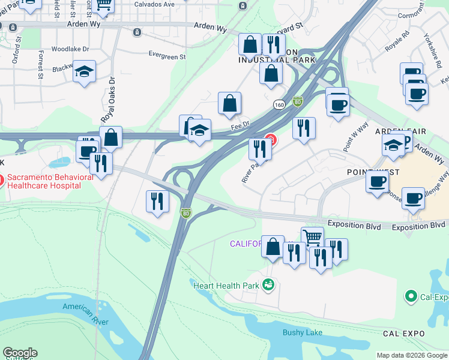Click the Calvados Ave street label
(154, 4)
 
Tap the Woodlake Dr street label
(70, 49)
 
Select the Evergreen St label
(167, 56)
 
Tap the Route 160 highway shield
(279, 104)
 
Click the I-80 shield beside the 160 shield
(297, 103)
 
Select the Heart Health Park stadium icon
(268, 285)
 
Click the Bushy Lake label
(303, 332)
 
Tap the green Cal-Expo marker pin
(411, 296)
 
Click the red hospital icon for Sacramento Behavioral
(2, 179)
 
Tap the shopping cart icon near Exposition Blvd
(312, 237)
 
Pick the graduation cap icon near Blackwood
(85, 71)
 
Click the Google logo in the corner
(20, 352)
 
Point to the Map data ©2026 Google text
(412, 355)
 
